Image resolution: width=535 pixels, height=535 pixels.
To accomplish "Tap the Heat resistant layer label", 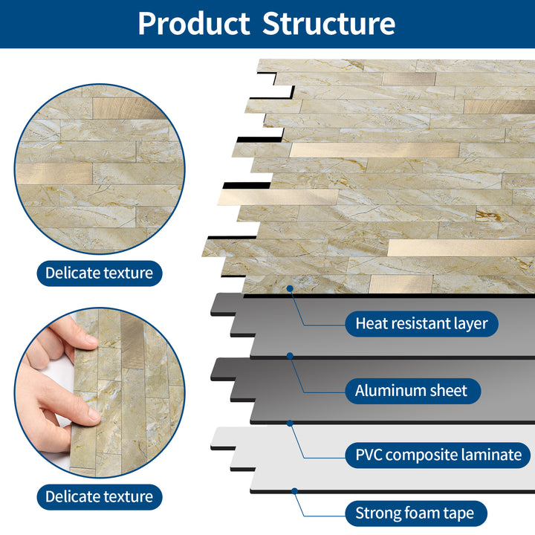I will click(x=421, y=323).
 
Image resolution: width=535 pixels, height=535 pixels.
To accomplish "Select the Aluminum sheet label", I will click(x=411, y=390).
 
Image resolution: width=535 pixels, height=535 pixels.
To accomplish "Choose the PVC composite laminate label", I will click(x=438, y=455).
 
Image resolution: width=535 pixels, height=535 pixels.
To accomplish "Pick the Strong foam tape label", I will click(x=420, y=513).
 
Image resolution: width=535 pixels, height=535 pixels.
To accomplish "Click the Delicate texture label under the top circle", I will click(x=99, y=273).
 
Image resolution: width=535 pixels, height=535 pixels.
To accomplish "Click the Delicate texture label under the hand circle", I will click(x=99, y=496).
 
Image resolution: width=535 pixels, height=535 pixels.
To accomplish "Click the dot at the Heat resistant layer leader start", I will click(x=291, y=288).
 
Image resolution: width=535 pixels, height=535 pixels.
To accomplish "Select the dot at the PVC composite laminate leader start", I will click(x=290, y=423).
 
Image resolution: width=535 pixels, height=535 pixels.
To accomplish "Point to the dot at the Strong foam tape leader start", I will click(x=295, y=490).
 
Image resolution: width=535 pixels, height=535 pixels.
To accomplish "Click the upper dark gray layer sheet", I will click(x=386, y=327).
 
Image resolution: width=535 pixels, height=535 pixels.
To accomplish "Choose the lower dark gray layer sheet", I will click(x=386, y=394).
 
